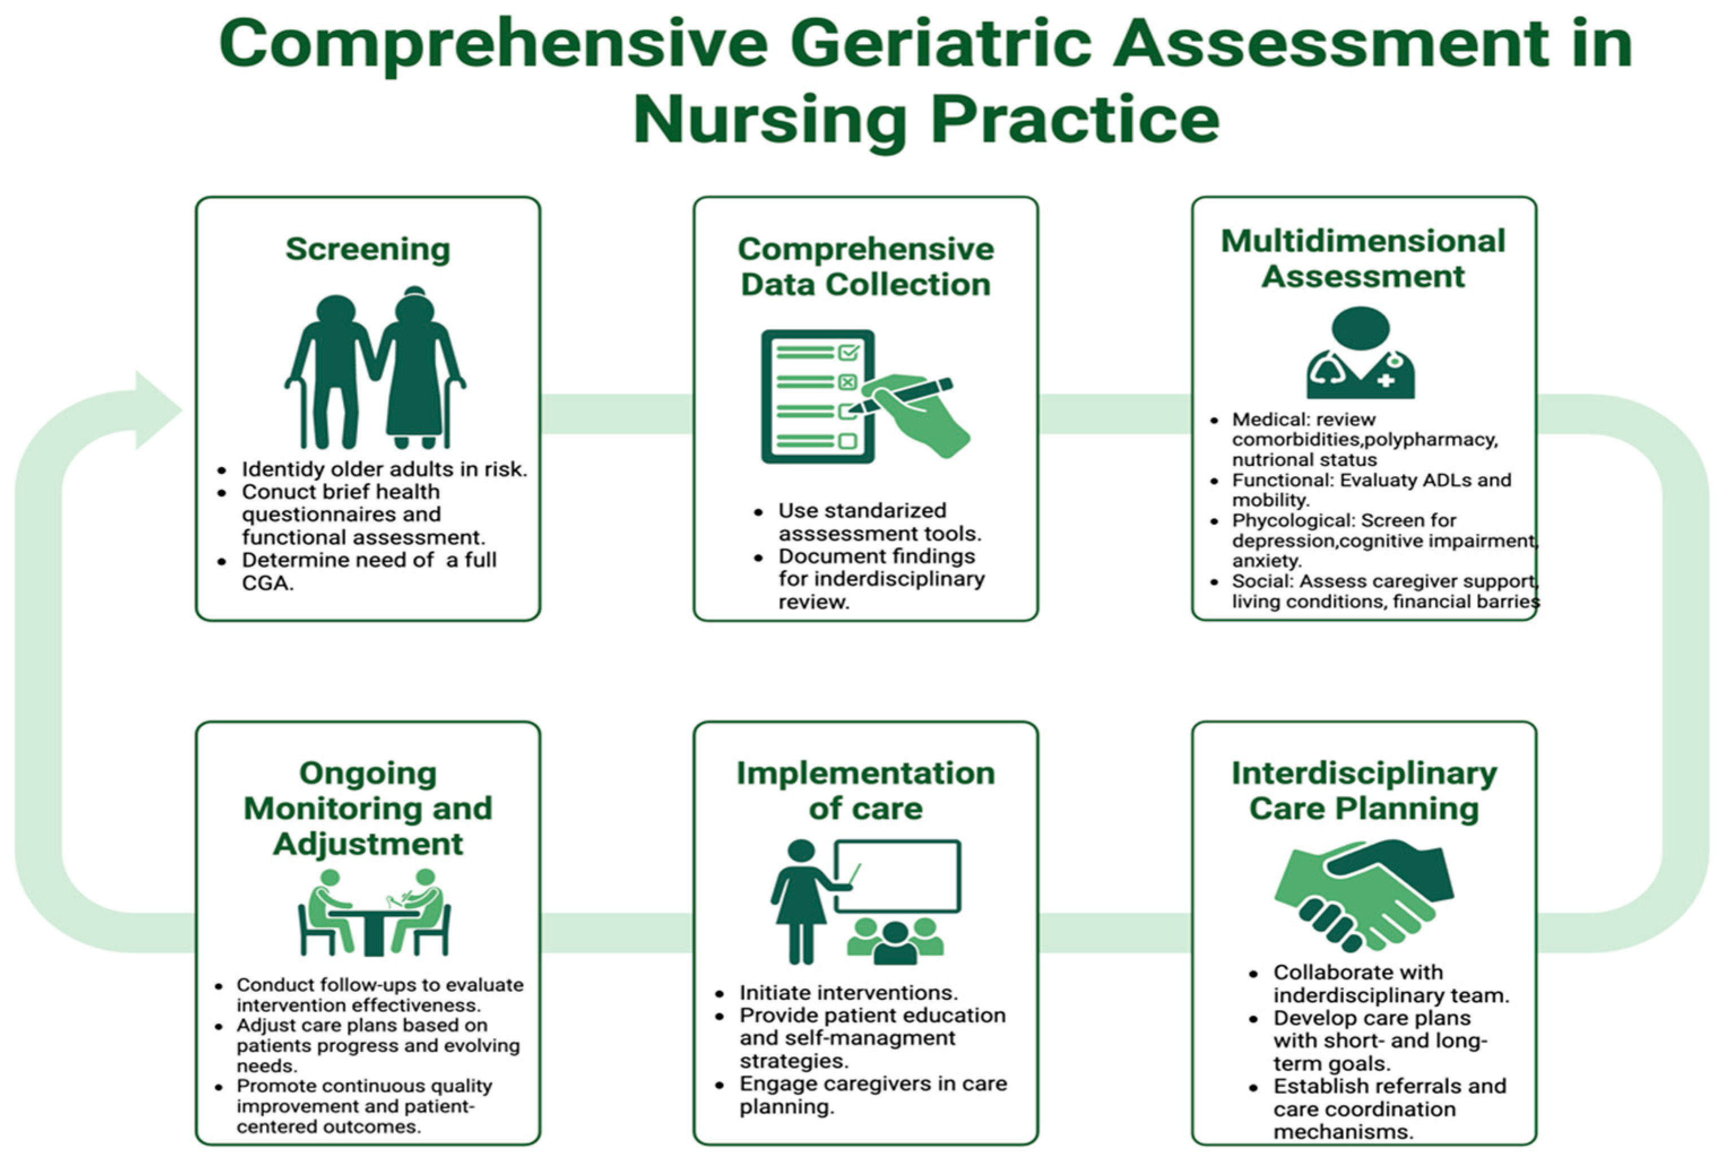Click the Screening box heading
pyautogui.click(x=368, y=249)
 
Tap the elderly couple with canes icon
pyautogui.click(x=375, y=368)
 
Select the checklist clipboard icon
pyautogui.click(x=818, y=397)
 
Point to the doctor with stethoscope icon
pyautogui.click(x=1360, y=353)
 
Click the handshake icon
pyautogui.click(x=1364, y=895)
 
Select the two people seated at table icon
pyautogui.click(x=375, y=912)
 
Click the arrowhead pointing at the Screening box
pyautogui.click(x=157, y=410)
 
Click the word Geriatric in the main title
pyautogui.click(x=941, y=45)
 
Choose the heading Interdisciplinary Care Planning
pyautogui.click(x=1364, y=790)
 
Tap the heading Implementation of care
pyautogui.click(x=866, y=790)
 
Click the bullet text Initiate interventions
pyautogui.click(x=849, y=992)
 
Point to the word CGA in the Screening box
pyautogui.click(x=268, y=583)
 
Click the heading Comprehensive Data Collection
pyautogui.click(x=866, y=267)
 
